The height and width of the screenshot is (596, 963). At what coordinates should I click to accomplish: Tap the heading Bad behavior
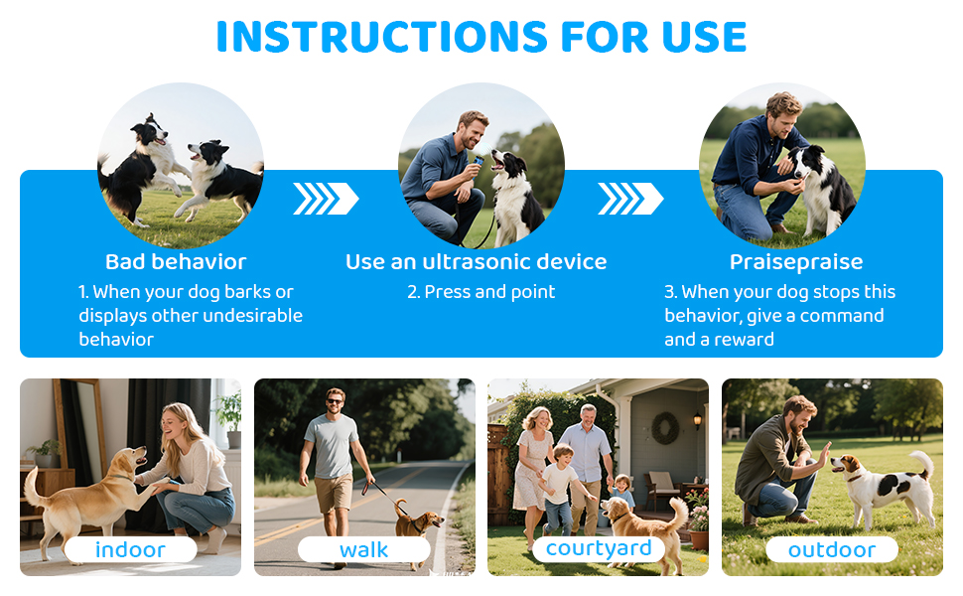(176, 262)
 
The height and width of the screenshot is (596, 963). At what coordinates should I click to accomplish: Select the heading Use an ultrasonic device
(476, 262)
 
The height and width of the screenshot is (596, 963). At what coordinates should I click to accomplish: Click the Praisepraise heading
(795, 262)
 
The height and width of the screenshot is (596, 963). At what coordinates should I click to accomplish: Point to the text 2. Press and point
(481, 292)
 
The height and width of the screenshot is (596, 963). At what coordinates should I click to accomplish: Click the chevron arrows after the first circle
(326, 199)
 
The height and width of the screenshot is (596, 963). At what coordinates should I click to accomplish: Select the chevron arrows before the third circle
(630, 199)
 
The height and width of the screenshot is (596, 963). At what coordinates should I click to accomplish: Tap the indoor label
(130, 549)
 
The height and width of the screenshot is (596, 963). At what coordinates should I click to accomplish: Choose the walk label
(363, 549)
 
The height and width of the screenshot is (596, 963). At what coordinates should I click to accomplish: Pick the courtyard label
(599, 548)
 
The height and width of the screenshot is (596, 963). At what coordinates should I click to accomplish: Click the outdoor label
(831, 549)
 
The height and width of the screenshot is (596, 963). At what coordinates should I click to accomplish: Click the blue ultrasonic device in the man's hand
(480, 159)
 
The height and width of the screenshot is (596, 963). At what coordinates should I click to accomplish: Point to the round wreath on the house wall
(665, 428)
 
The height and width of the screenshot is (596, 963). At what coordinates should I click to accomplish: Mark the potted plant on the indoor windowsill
(231, 416)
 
